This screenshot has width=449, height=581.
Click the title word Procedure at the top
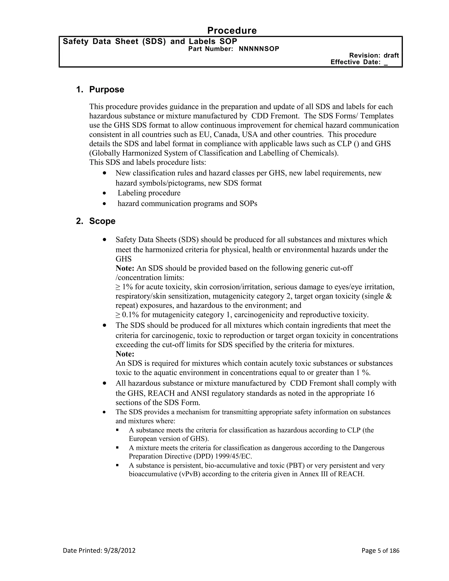click(x=232, y=31)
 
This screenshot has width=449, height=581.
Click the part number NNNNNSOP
click(x=259, y=49)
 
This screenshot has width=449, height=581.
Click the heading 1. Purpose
click(x=100, y=89)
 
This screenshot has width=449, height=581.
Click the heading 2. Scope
click(x=96, y=221)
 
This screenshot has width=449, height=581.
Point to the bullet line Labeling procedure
click(x=149, y=193)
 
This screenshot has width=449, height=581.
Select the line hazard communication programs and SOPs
click(x=187, y=203)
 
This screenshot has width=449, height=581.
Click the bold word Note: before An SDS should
click(x=125, y=268)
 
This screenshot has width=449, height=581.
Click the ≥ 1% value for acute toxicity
click(x=124, y=287)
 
